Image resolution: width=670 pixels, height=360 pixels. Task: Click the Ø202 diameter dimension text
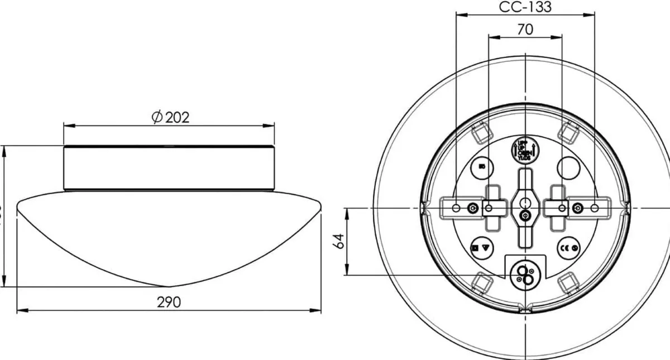(x=170, y=117)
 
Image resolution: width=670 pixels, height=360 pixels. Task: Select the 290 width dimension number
(x=169, y=302)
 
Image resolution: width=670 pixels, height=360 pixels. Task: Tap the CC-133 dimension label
(x=525, y=7)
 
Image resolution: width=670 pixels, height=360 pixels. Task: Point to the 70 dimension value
(x=525, y=30)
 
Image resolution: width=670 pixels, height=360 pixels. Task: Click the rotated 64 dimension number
(x=338, y=241)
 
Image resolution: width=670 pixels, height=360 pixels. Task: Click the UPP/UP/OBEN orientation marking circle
(x=524, y=149)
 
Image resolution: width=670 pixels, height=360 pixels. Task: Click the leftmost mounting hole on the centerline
(x=456, y=208)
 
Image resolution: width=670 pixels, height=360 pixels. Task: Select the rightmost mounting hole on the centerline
(x=594, y=208)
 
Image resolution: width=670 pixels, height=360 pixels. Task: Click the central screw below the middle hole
(x=525, y=216)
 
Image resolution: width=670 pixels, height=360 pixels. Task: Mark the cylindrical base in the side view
(x=169, y=168)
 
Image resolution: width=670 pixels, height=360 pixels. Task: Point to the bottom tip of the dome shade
(x=169, y=286)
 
